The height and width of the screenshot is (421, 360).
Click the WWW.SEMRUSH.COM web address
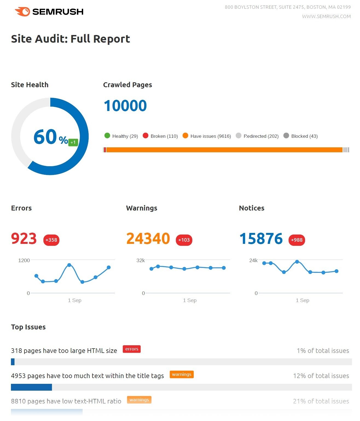click(x=326, y=16)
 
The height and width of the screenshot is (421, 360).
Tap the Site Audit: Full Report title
click(x=70, y=39)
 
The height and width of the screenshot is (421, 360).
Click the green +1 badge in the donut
click(x=73, y=142)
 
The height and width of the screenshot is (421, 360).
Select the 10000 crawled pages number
click(x=125, y=106)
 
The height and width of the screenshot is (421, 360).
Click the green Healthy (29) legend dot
click(x=107, y=136)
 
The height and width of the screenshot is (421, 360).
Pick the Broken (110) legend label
click(x=164, y=136)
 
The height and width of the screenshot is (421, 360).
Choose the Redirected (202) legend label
click(x=261, y=136)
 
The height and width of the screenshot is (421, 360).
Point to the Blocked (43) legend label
click(x=304, y=136)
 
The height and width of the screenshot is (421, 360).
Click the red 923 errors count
click(x=24, y=239)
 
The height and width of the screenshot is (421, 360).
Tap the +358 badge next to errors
click(x=51, y=240)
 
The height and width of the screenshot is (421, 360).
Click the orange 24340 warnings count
click(x=148, y=239)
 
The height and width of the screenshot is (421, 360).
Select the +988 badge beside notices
click(x=297, y=240)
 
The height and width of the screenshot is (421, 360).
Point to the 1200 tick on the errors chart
click(x=24, y=260)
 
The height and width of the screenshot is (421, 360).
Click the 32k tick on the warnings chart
click(x=141, y=260)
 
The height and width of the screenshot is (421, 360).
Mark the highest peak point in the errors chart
click(x=69, y=265)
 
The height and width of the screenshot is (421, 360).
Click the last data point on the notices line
click(x=336, y=271)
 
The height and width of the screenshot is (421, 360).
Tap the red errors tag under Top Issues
click(x=132, y=349)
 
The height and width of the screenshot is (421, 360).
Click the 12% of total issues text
click(x=321, y=376)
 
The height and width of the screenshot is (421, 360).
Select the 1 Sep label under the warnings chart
click(x=190, y=300)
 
